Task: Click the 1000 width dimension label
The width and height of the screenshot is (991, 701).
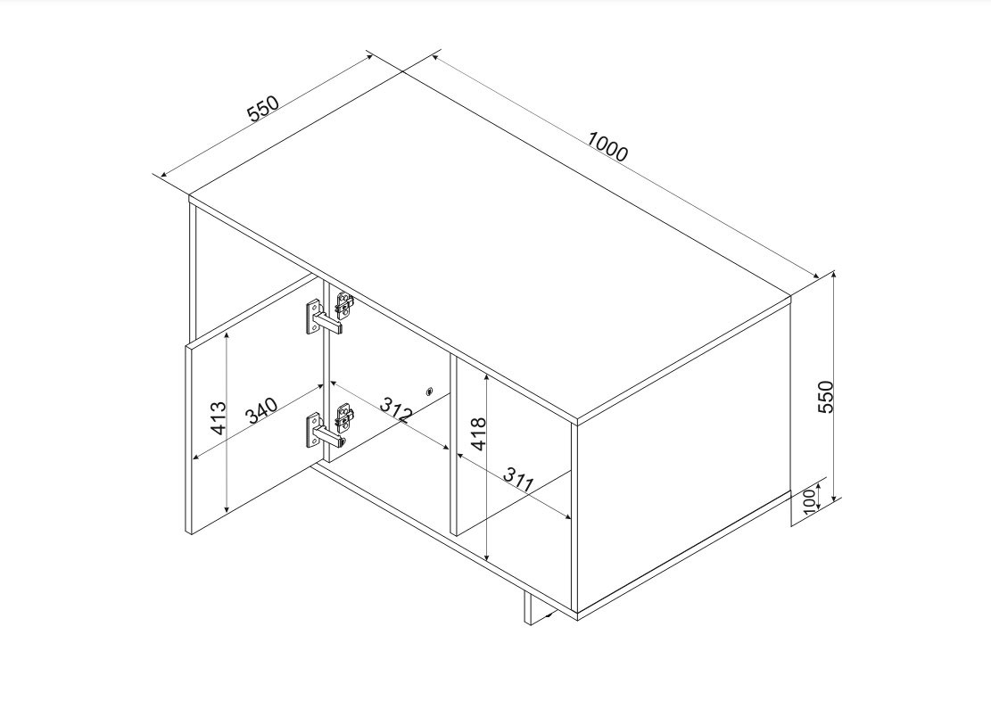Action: pyautogui.click(x=608, y=146)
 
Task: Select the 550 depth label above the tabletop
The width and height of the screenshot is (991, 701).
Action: pyautogui.click(x=263, y=108)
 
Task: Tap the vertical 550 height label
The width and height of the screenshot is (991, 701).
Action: pyautogui.click(x=826, y=397)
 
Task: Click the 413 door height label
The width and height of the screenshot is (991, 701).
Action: pyautogui.click(x=218, y=417)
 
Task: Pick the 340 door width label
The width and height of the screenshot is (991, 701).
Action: pyautogui.click(x=261, y=410)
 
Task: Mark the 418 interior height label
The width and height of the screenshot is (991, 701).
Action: pyautogui.click(x=478, y=433)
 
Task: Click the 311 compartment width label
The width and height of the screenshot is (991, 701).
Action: pyautogui.click(x=519, y=481)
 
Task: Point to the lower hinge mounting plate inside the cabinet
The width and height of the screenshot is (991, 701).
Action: pyautogui.click(x=345, y=417)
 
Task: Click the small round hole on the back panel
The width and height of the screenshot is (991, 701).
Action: pyautogui.click(x=431, y=391)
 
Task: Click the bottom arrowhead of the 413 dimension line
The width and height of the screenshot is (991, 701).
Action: pyautogui.click(x=227, y=509)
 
